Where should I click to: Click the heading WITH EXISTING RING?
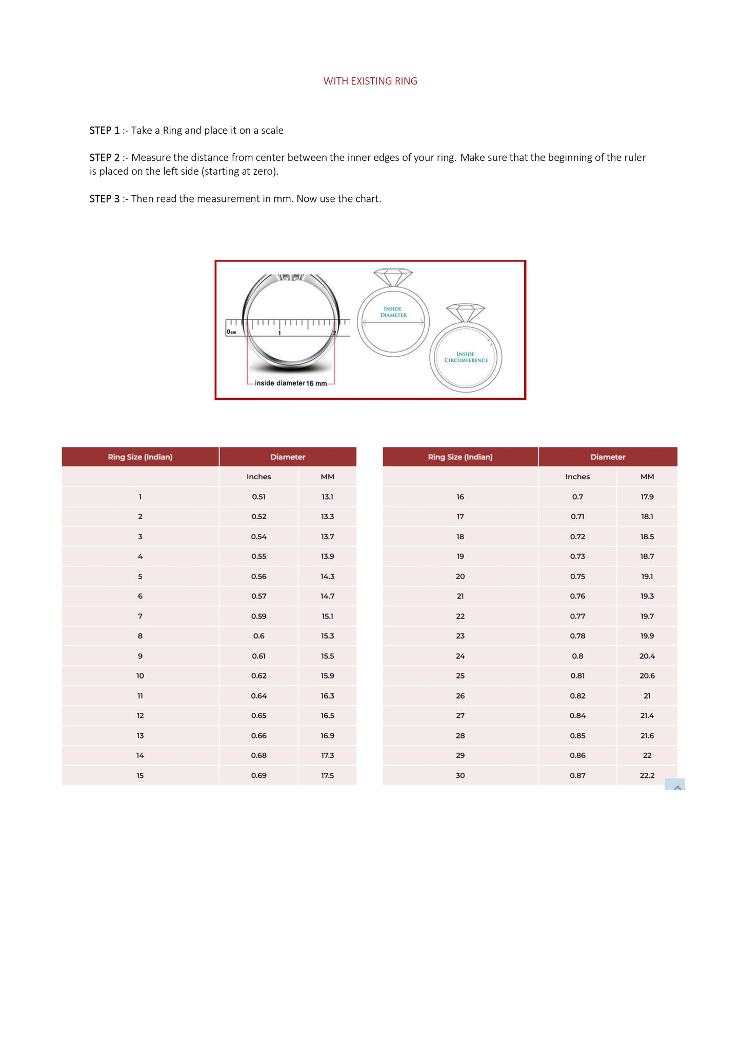point(370,81)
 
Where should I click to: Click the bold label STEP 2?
point(104,157)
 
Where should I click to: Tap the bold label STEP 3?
point(104,199)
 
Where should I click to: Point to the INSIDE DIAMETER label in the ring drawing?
point(393,312)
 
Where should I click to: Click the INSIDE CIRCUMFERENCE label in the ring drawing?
point(466,357)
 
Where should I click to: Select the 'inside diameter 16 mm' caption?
point(291,383)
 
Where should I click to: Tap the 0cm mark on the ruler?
point(231,332)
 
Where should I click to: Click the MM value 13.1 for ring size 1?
point(327,497)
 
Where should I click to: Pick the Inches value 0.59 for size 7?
point(258,616)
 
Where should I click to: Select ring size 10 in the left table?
point(140,676)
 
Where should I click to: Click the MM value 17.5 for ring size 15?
point(327,775)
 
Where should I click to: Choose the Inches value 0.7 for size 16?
point(577,497)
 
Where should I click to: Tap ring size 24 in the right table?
point(460,656)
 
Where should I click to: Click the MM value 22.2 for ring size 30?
point(647,775)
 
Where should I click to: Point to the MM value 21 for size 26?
point(647,696)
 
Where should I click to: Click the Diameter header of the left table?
point(288,457)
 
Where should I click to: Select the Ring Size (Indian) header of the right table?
point(460,457)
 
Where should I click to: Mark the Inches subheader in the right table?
point(577,477)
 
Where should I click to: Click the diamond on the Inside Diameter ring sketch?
point(393,277)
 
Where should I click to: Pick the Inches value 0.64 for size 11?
point(258,696)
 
